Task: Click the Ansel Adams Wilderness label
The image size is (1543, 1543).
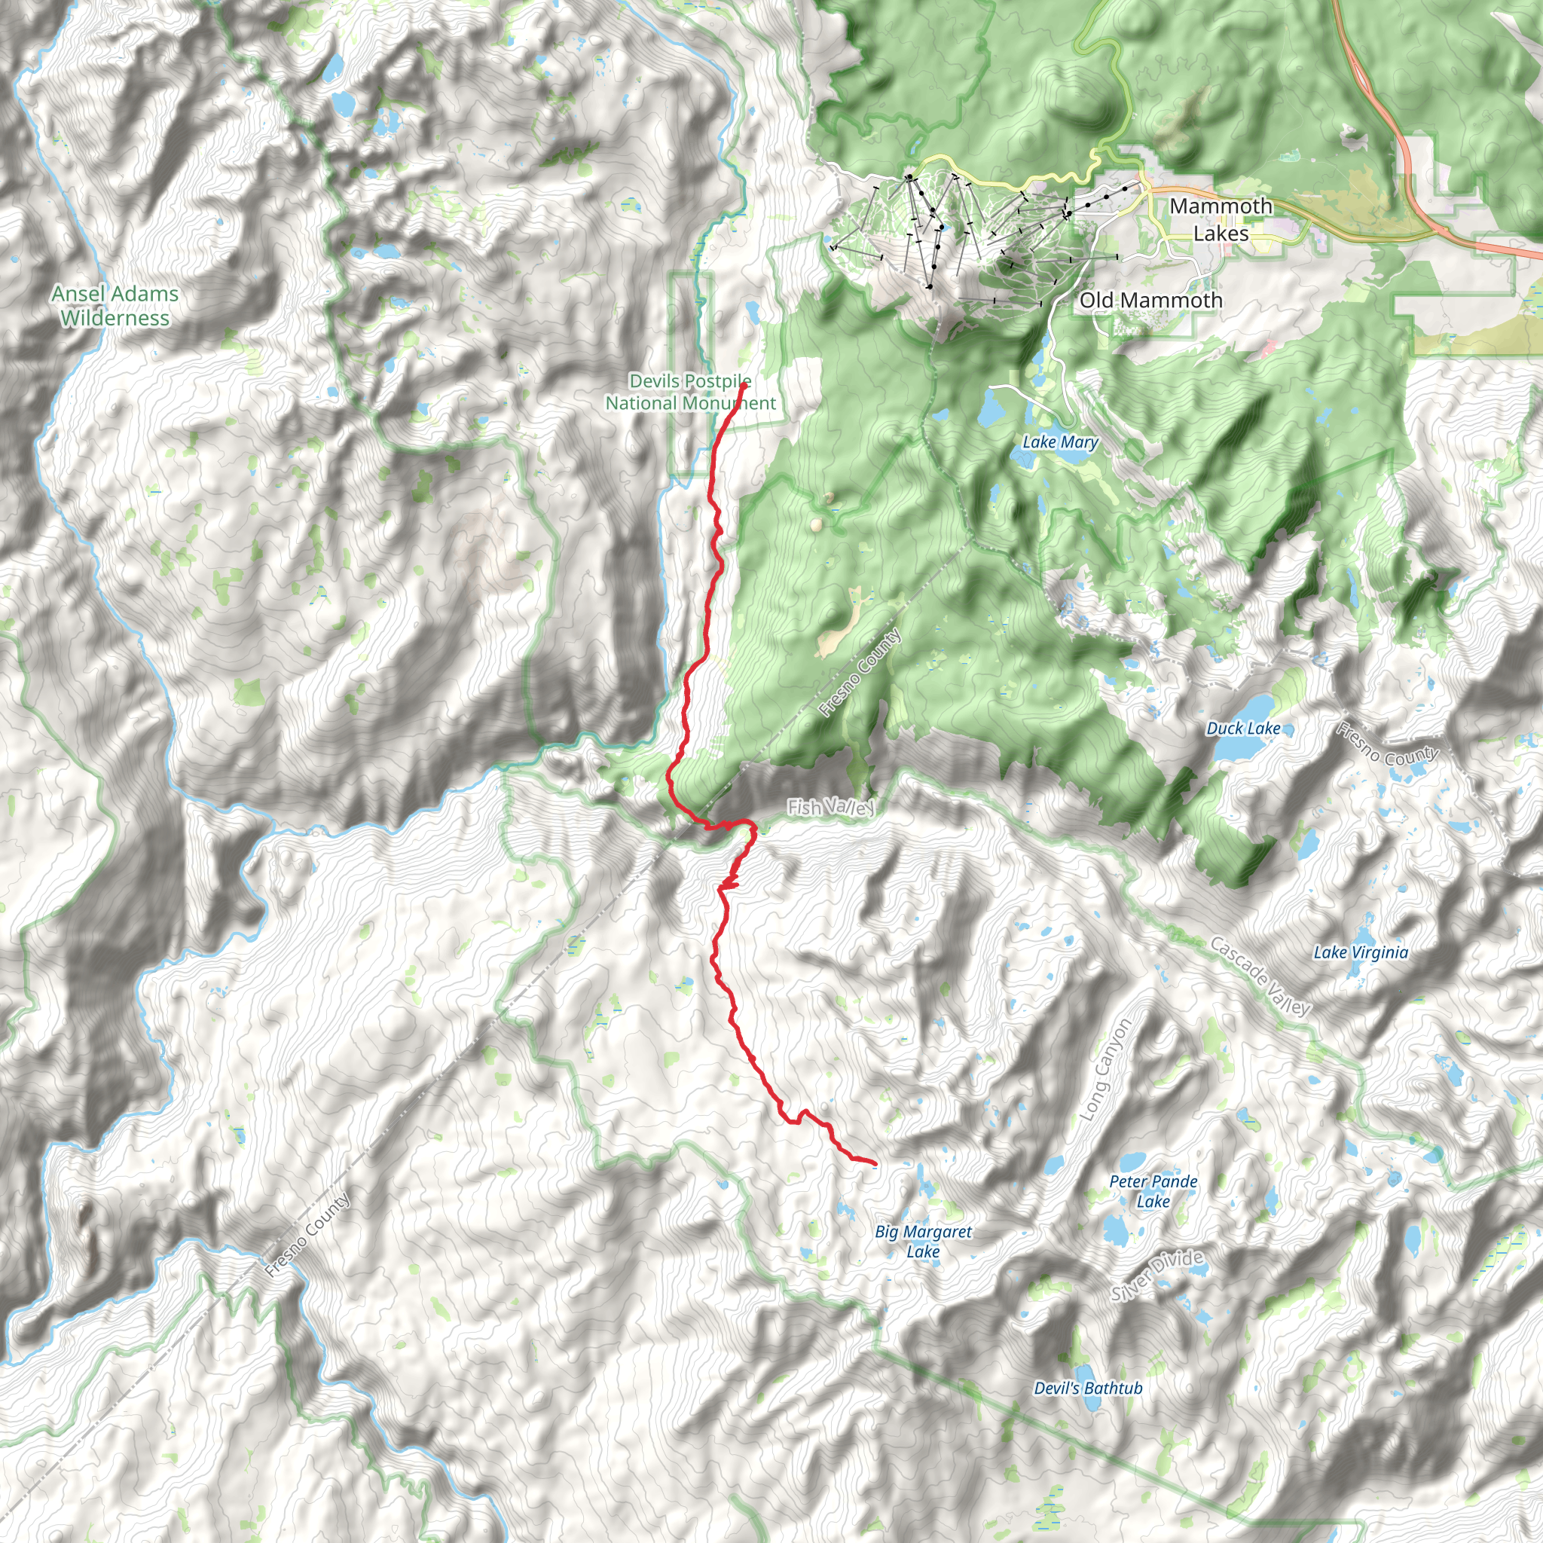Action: [115, 306]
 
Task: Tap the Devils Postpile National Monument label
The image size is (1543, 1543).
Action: [690, 392]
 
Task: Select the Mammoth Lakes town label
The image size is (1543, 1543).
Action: [1221, 220]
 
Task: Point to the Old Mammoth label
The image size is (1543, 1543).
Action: [1151, 301]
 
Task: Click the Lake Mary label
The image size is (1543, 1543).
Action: [1060, 442]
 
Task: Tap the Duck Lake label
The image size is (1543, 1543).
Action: [1242, 729]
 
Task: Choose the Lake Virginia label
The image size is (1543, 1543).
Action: [1361, 952]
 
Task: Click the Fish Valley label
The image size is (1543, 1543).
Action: [830, 808]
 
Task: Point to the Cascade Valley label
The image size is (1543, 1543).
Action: [1260, 976]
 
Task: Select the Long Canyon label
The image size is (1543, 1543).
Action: [1105, 1070]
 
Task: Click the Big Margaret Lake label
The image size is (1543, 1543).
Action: [923, 1241]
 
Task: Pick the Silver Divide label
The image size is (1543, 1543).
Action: [1157, 1276]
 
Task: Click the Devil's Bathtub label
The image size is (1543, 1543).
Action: [1088, 1388]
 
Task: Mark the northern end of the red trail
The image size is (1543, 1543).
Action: [744, 385]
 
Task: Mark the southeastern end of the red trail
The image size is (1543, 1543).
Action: [875, 1163]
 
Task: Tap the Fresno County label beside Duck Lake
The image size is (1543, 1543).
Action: [1388, 744]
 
